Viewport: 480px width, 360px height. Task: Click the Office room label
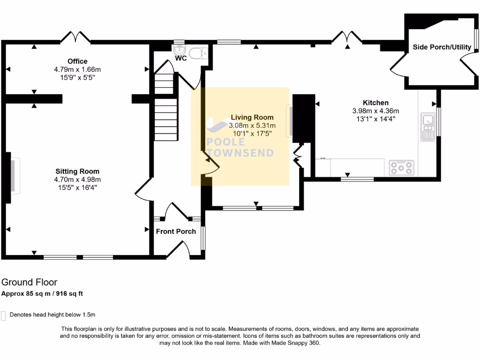point(77,61)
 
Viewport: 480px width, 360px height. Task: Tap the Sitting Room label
point(77,172)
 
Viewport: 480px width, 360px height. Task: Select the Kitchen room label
point(375,103)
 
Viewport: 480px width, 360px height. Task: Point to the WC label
point(181,59)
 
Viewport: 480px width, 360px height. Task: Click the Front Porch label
point(176,231)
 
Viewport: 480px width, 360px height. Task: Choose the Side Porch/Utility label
point(442,47)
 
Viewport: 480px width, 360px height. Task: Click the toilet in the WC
point(202,52)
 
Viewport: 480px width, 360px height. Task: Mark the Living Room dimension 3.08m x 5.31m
point(252,126)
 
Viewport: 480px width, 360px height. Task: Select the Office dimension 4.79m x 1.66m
point(77,69)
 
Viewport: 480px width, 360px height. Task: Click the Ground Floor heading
point(29,282)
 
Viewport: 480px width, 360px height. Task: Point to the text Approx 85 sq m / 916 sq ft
point(42,294)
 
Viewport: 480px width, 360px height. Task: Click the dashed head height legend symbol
point(4,315)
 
